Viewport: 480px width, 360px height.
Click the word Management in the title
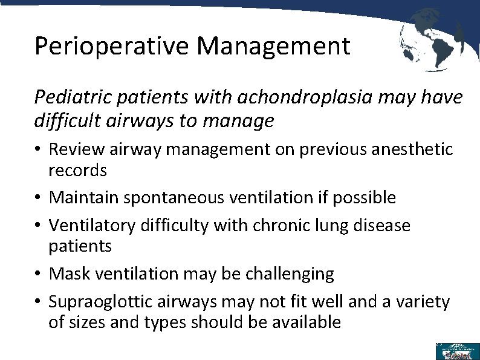pos(273,46)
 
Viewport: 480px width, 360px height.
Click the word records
pos(77,170)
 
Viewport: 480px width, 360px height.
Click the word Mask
pos(66,273)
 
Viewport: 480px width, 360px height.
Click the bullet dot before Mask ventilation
pos(38,274)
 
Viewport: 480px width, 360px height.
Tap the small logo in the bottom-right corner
pos(456,351)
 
